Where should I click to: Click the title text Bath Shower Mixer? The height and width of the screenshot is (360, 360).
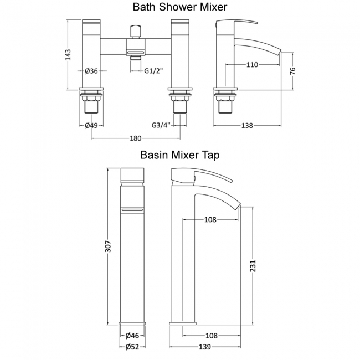pyautogui.click(x=179, y=7)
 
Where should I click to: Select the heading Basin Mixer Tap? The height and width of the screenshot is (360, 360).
pyautogui.click(x=179, y=155)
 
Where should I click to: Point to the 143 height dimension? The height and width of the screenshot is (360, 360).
pyautogui.click(x=68, y=55)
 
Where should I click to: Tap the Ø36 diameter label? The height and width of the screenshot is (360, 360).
pyautogui.click(x=91, y=70)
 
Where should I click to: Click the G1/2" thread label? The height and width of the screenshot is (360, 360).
pyautogui.click(x=153, y=70)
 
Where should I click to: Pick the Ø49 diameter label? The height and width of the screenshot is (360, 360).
pyautogui.click(x=91, y=125)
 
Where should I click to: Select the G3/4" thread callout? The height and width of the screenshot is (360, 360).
pyautogui.click(x=161, y=125)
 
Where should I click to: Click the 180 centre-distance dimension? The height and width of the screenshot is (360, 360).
pyautogui.click(x=135, y=137)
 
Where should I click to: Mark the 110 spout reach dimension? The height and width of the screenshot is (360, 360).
pyautogui.click(x=252, y=65)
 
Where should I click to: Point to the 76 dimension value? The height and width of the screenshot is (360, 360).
pyautogui.click(x=293, y=71)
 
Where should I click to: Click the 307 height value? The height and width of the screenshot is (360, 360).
pyautogui.click(x=109, y=245)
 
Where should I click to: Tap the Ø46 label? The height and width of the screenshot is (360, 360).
pyautogui.click(x=132, y=336)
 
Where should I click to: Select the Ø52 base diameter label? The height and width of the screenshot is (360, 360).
pyautogui.click(x=132, y=347)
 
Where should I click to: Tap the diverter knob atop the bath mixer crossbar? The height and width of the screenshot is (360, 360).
pyautogui.click(x=135, y=29)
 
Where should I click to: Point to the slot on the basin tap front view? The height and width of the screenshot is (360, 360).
pyautogui.click(x=133, y=210)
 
